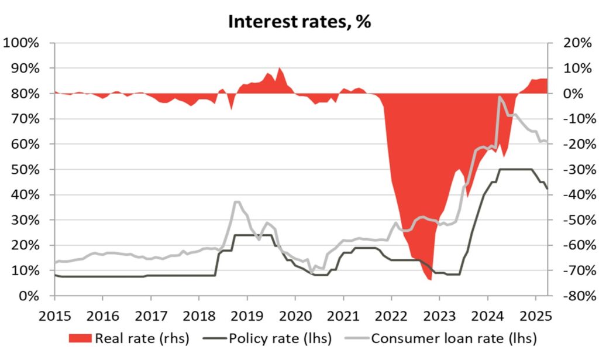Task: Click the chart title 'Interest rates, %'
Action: [299, 22]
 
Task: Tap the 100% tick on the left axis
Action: [22, 43]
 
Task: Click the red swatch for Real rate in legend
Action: [80, 338]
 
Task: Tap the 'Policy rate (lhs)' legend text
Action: [280, 338]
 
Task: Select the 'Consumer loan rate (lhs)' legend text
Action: [454, 338]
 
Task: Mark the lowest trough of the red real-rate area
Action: [431, 280]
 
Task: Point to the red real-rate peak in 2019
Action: [279, 68]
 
